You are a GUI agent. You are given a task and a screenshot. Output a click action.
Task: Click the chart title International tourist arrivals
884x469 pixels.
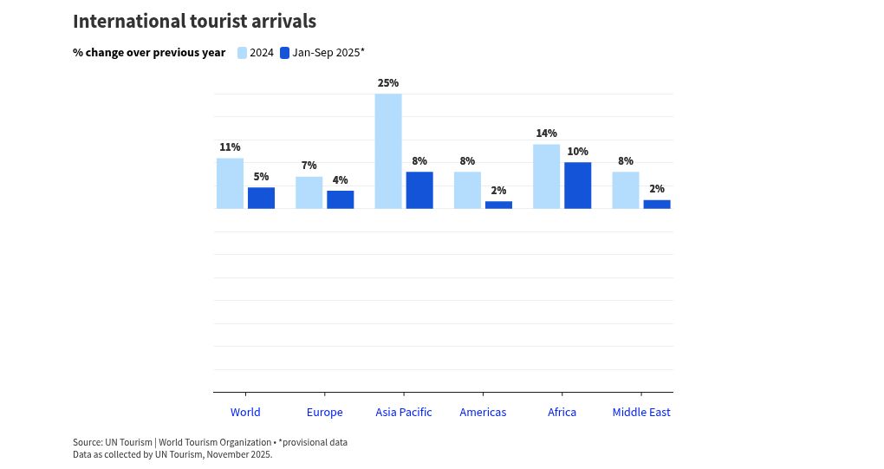(194, 22)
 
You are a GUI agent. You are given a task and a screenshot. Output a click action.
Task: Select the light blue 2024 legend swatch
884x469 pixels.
(243, 53)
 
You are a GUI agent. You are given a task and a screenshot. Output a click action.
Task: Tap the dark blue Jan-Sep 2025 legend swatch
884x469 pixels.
(284, 53)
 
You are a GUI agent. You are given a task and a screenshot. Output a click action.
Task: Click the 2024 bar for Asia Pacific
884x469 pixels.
(388, 151)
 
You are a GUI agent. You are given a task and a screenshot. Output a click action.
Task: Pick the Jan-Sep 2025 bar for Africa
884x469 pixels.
(577, 186)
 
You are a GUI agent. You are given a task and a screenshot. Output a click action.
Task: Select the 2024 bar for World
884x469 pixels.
(230, 183)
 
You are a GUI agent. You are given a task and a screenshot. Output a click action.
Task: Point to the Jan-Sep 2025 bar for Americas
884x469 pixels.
(498, 205)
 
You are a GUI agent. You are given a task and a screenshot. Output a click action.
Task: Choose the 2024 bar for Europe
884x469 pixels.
(309, 192)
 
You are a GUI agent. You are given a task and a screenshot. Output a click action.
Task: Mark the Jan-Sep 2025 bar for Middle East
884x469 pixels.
(657, 205)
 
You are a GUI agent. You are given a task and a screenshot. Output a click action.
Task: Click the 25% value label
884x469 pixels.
(388, 83)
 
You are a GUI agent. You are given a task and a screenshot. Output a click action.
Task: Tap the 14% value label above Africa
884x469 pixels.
(546, 134)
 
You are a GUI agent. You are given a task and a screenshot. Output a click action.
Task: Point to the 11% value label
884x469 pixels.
(230, 147)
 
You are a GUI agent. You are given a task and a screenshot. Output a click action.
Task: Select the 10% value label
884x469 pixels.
(577, 152)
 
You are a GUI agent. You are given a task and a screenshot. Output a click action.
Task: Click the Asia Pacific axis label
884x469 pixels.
(404, 413)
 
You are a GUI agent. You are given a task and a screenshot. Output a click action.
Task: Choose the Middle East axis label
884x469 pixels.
(641, 413)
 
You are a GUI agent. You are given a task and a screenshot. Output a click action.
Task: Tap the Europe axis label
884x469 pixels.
(324, 413)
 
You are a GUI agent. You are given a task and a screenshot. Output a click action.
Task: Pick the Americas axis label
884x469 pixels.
(483, 413)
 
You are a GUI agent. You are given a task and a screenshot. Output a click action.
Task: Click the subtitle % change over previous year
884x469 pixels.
(149, 53)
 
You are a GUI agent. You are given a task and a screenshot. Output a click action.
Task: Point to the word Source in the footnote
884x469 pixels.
(87, 442)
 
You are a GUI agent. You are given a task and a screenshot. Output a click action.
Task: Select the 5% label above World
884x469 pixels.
(261, 177)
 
